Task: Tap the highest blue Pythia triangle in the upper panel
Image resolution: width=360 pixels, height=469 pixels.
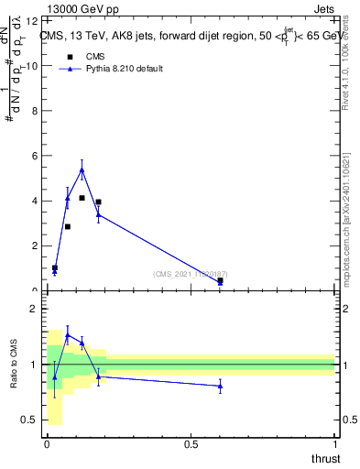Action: tap(82, 169)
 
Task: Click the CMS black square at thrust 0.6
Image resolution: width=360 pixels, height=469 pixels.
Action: tap(220, 280)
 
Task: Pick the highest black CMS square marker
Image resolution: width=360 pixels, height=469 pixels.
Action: tap(82, 198)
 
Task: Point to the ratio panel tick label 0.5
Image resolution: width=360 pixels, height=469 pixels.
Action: tap(29, 420)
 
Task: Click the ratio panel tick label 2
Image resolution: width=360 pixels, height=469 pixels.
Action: tap(33, 309)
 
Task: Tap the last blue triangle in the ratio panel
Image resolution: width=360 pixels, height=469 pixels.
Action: tap(220, 387)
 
